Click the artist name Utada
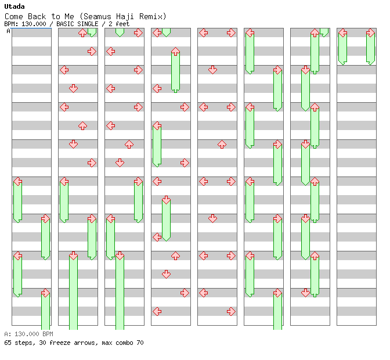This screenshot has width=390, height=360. pyautogui.click(x=15, y=6)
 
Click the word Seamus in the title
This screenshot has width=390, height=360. pyautogui.click(x=98, y=17)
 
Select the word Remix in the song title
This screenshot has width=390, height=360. pyautogui.click(x=151, y=17)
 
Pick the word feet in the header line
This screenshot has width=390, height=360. pyautogui.click(x=122, y=24)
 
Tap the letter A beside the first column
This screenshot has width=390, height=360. pyautogui.click(x=8, y=31)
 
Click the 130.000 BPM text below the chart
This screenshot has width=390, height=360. pyautogui.click(x=34, y=334)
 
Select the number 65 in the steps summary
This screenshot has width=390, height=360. pyautogui.click(x=8, y=343)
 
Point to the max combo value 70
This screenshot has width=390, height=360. pyautogui.click(x=140, y=343)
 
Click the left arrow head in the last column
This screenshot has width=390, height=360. pyautogui.click(x=343, y=33)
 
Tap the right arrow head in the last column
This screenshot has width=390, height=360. pyautogui.click(x=371, y=33)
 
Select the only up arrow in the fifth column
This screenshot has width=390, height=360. pyautogui.click(x=222, y=145)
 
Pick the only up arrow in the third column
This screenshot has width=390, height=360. pyautogui.click(x=129, y=145)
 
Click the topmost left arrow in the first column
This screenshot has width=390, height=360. pyautogui.click(x=17, y=181)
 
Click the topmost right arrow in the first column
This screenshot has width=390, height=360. pyautogui.click(x=45, y=219)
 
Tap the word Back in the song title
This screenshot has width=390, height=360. pyautogui.click(x=37, y=17)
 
